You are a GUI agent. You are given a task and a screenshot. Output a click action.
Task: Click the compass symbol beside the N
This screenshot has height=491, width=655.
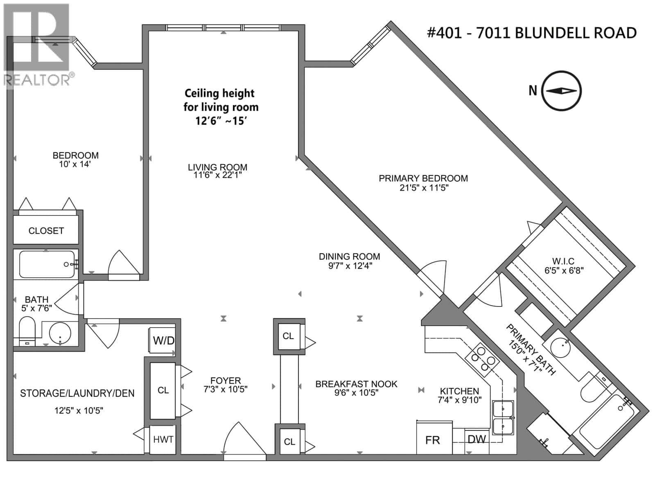(561, 91)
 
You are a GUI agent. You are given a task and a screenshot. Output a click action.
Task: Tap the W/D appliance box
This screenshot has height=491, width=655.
(163, 340)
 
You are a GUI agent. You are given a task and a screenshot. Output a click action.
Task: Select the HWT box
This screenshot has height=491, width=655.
(163, 439)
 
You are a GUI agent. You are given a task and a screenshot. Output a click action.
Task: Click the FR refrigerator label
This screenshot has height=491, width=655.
(432, 440)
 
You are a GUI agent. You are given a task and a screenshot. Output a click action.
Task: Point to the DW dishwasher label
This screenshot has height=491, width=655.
(477, 439)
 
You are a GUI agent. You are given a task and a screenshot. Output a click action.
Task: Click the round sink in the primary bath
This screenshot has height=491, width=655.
(561, 348)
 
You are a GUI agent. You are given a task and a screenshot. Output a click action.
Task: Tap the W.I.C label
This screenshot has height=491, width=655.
(563, 261)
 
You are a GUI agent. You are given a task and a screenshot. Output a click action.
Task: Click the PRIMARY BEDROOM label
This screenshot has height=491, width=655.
(423, 178)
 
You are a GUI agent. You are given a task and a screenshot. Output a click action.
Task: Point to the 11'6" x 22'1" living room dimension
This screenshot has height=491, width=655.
(217, 175)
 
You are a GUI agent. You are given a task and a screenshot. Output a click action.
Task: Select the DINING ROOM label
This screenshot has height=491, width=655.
(349, 257)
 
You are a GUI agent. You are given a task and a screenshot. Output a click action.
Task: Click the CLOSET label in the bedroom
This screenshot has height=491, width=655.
(46, 231)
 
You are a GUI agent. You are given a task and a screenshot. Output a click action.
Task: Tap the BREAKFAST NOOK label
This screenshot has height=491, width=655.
(356, 384)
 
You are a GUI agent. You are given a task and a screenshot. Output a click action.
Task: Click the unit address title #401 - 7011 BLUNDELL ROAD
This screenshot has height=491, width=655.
(531, 33)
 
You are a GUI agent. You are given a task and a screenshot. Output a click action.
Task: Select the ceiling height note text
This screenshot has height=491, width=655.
(221, 107)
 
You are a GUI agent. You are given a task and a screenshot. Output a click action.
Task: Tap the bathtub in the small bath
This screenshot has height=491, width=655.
(46, 264)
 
